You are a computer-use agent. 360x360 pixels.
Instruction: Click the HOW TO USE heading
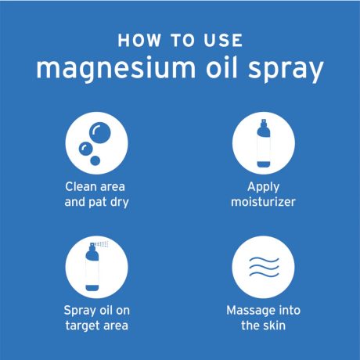point(180,40)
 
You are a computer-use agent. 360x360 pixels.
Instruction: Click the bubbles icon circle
point(96,142)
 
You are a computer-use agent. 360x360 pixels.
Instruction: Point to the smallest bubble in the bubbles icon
point(95,160)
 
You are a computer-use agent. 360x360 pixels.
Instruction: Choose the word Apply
point(264,188)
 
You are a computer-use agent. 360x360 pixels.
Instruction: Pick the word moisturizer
point(264,203)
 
